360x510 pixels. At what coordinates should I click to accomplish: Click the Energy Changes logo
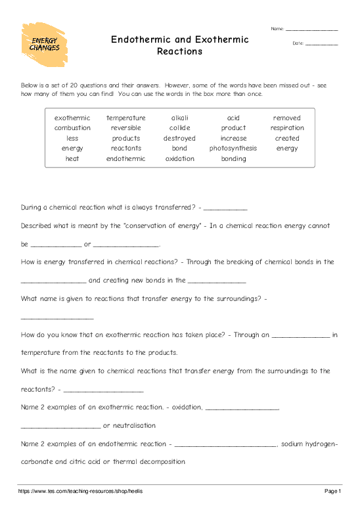pyautogui.click(x=45, y=44)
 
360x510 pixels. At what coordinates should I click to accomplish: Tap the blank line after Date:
pyautogui.click(x=322, y=43)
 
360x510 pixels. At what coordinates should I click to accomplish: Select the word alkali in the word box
pyautogui.click(x=179, y=118)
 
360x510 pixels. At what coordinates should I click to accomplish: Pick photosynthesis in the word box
pyautogui.click(x=233, y=149)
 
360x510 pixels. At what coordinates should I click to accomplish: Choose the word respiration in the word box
pyautogui.click(x=287, y=128)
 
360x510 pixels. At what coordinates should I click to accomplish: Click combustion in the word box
pyautogui.click(x=72, y=128)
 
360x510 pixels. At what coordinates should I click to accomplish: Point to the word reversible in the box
pyautogui.click(x=125, y=128)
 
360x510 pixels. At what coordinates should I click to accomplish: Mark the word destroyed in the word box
pyautogui.click(x=179, y=139)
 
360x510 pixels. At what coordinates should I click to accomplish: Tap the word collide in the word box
pyautogui.click(x=179, y=128)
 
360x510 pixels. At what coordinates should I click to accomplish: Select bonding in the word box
pyautogui.click(x=233, y=159)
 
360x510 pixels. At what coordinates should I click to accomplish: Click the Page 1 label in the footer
pyautogui.click(x=332, y=491)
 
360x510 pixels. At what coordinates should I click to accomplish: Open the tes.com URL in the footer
pyautogui.click(x=80, y=491)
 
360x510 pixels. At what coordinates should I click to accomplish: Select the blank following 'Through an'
pyautogui.click(x=301, y=335)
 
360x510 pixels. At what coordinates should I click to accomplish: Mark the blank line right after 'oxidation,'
pyautogui.click(x=242, y=407)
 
